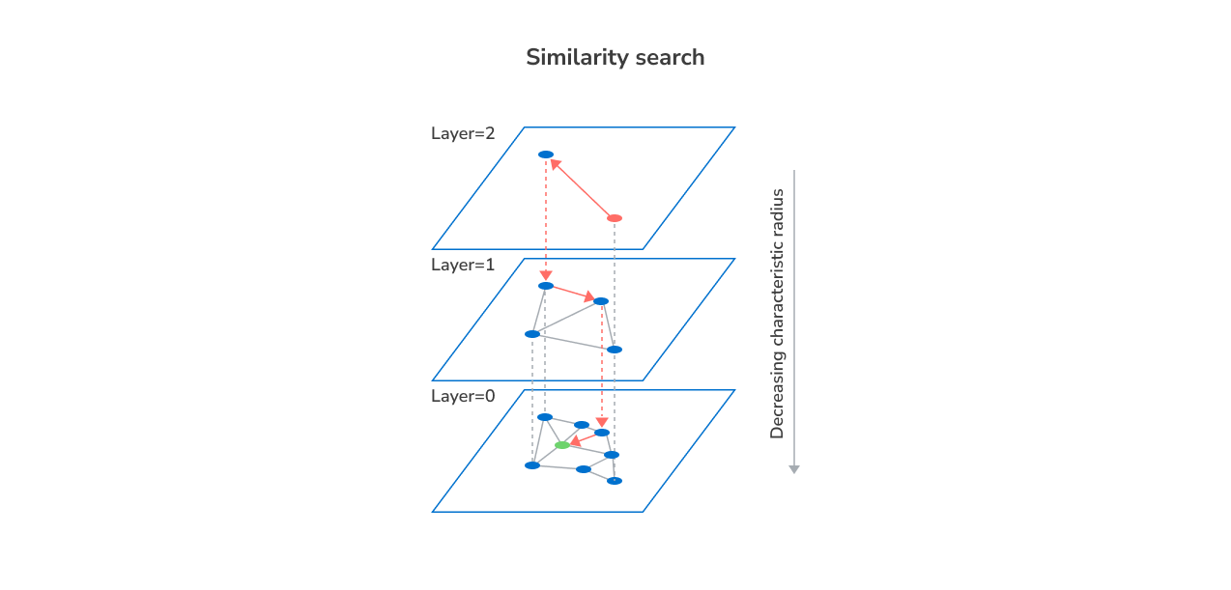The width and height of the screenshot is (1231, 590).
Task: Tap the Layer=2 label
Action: tap(463, 133)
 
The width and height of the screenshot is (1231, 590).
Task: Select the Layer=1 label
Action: tap(463, 265)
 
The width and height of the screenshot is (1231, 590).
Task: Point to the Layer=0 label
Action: tap(463, 396)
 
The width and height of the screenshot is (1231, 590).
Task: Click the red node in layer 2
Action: tap(615, 218)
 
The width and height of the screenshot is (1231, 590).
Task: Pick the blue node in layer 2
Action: tap(546, 155)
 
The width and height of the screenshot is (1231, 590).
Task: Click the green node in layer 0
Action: tap(562, 445)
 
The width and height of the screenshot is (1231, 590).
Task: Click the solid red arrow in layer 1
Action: tap(574, 294)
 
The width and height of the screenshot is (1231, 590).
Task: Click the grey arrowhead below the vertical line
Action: tap(794, 469)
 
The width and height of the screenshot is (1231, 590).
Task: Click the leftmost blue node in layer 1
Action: tap(532, 334)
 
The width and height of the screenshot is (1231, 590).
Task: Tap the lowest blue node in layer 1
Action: tap(615, 350)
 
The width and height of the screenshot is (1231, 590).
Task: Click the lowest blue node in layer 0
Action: tap(615, 481)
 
